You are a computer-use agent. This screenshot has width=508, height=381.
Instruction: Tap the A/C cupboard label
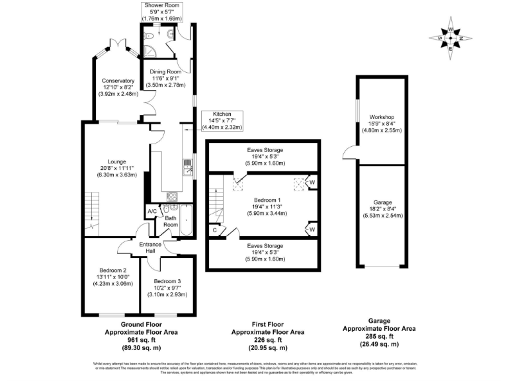coord(152,212)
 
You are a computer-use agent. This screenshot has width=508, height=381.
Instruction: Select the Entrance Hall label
coord(150,248)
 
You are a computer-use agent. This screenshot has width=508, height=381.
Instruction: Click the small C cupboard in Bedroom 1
coord(215,230)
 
